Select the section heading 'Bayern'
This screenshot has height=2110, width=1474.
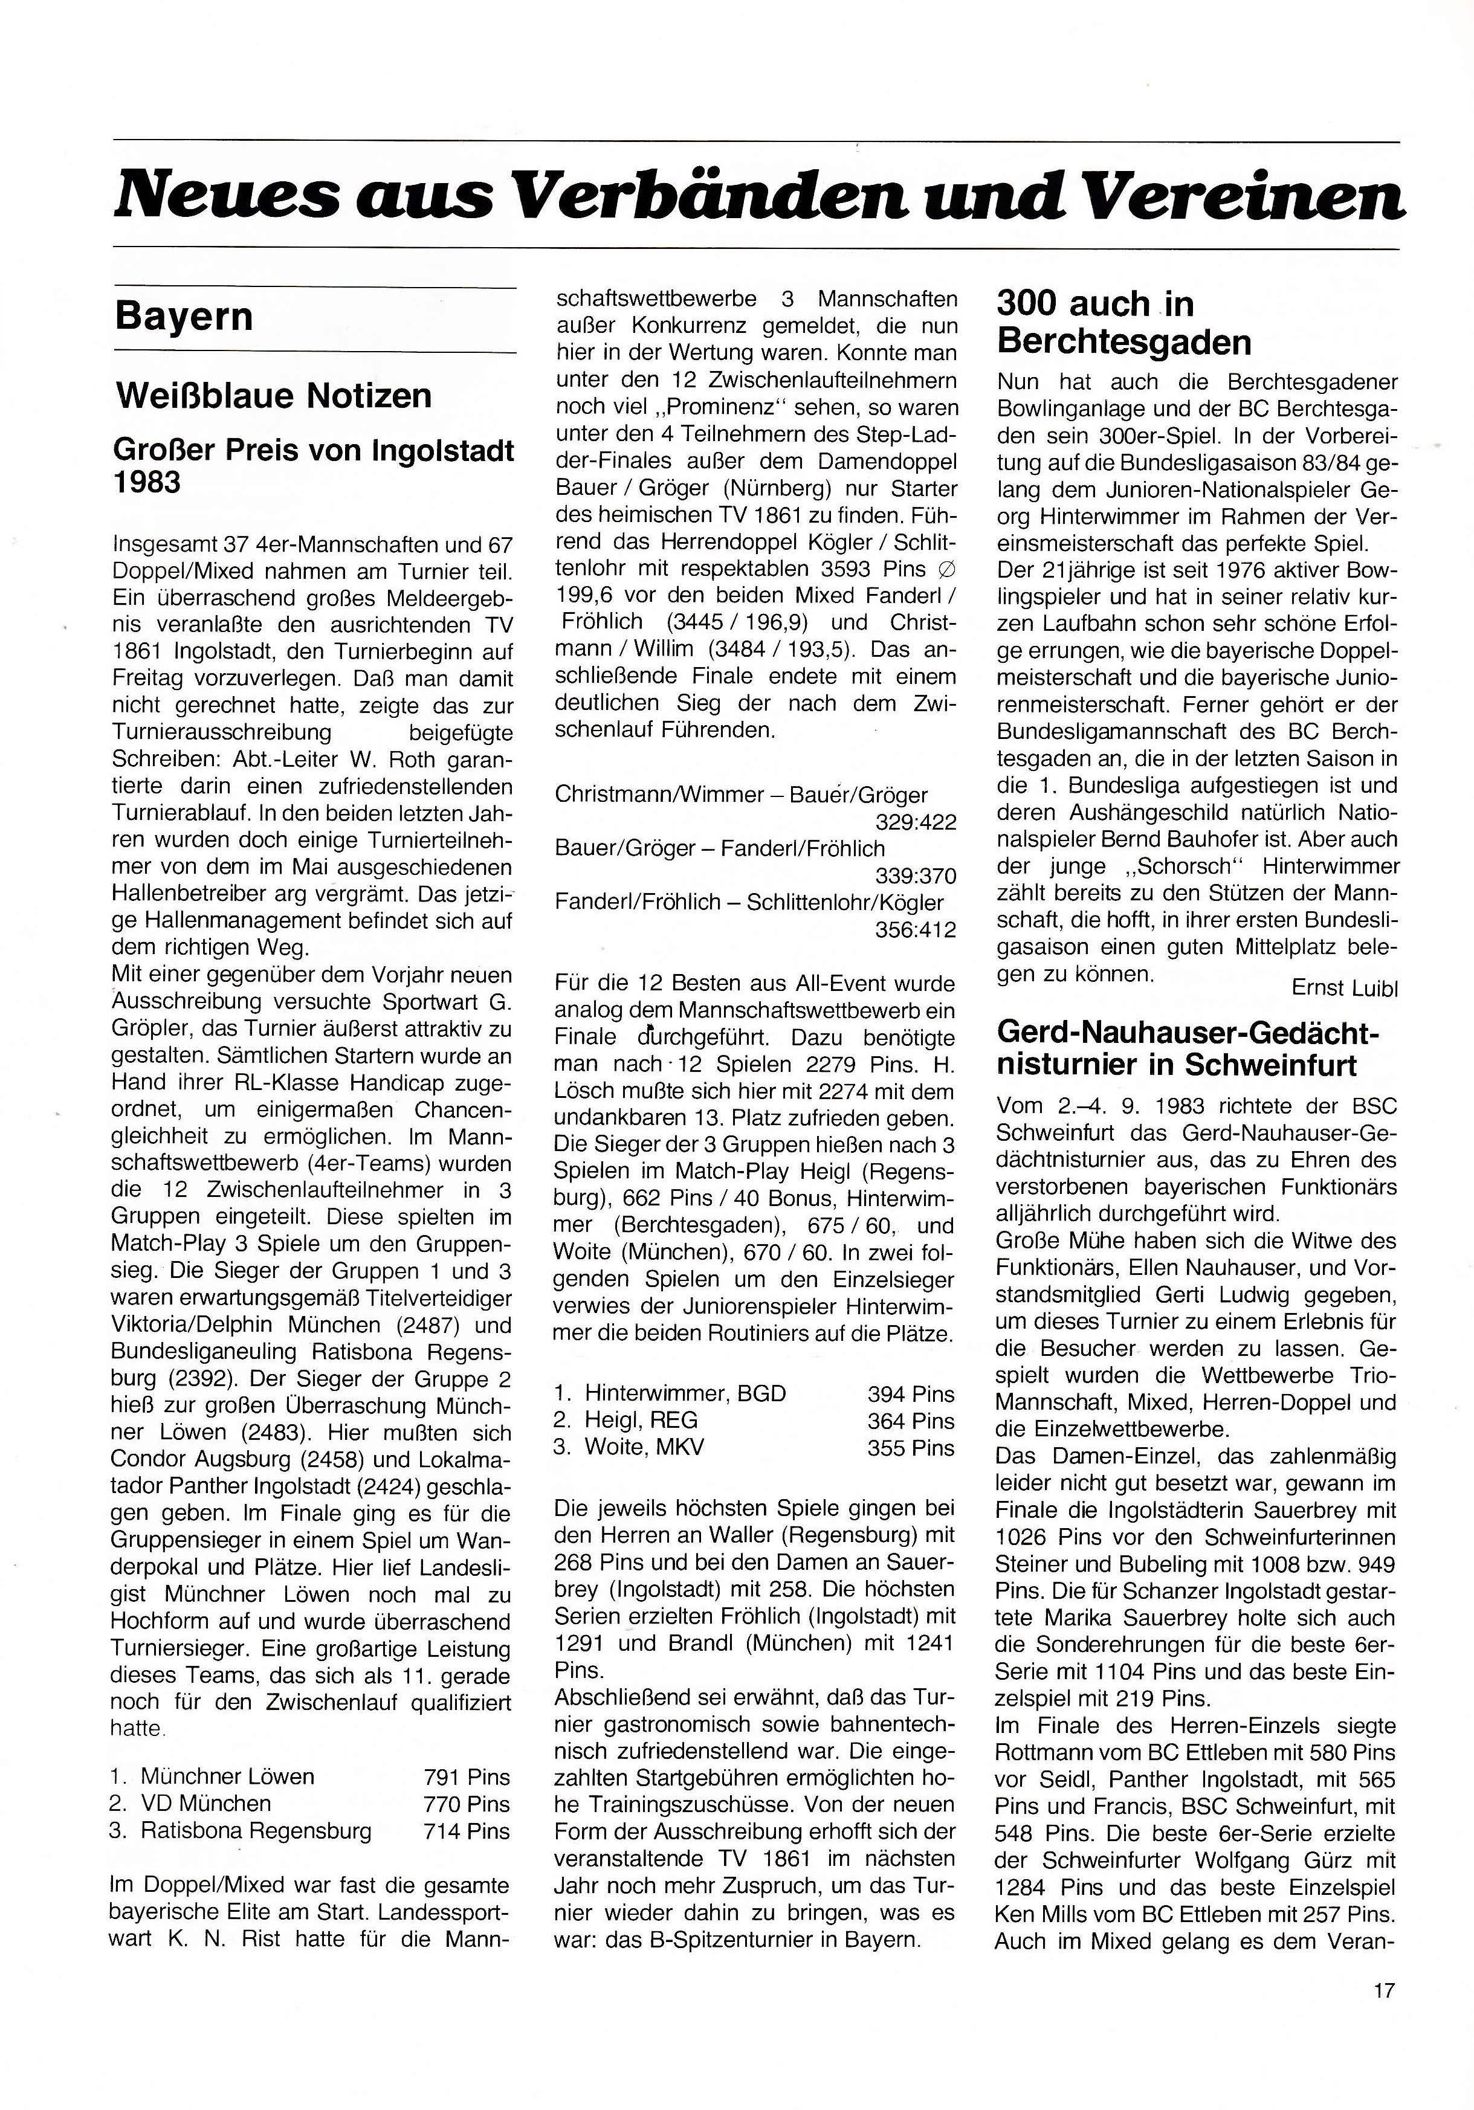[x=184, y=316]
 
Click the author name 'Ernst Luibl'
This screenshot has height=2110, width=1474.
[x=1343, y=988]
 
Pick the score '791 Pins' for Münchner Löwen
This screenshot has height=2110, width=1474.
[x=466, y=1776]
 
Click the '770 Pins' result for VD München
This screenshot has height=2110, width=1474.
[x=466, y=1803]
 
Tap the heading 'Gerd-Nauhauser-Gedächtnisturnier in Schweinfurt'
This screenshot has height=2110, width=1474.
[x=1188, y=1048]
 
